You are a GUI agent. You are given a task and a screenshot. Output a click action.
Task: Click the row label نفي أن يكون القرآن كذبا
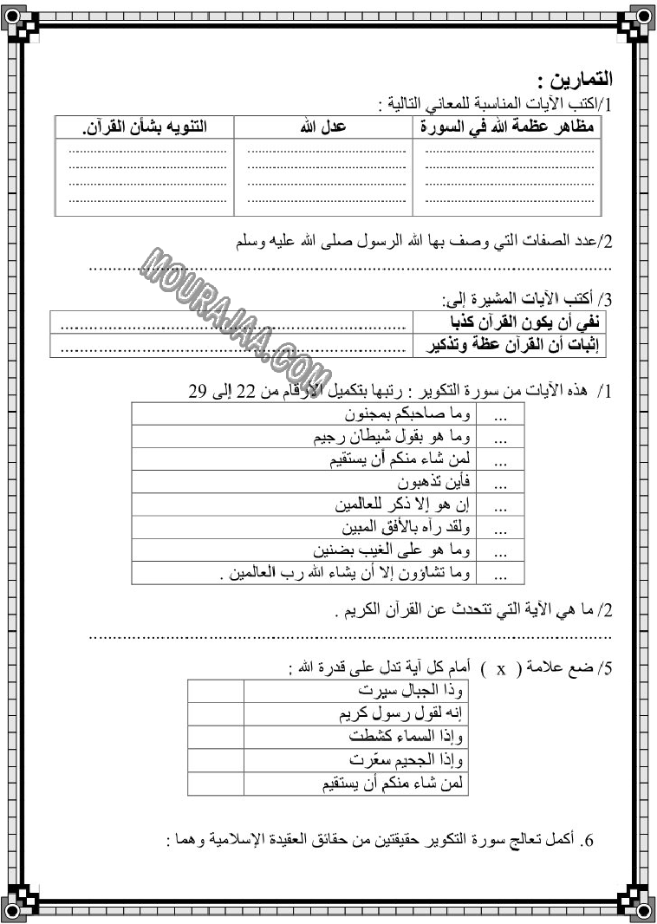click(511, 323)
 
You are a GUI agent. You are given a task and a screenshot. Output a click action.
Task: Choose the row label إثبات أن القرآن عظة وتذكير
click(509, 345)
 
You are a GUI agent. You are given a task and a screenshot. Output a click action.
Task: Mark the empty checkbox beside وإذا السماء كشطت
click(216, 737)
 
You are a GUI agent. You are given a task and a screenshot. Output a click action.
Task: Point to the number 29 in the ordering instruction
click(200, 391)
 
